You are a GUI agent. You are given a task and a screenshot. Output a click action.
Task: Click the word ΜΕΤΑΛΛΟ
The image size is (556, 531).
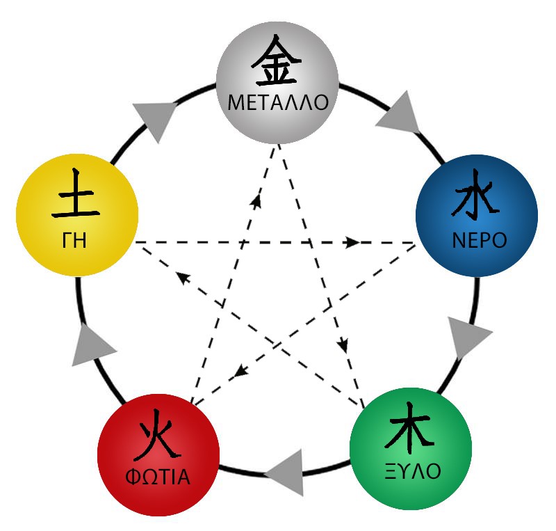(x=277, y=102)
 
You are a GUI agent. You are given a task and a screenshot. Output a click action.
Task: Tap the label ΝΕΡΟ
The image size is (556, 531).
(x=480, y=240)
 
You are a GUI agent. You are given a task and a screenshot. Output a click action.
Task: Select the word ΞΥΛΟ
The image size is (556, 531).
(x=413, y=471)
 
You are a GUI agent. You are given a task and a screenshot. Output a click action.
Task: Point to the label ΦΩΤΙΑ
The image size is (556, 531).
(x=158, y=477)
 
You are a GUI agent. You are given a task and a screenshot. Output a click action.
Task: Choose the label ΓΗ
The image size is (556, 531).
(x=74, y=240)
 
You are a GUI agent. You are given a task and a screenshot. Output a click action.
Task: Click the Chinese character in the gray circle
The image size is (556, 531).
(x=276, y=61)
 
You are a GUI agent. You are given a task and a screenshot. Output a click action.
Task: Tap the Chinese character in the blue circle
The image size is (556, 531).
(x=475, y=195)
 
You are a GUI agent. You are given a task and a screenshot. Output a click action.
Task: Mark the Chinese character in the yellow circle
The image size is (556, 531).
(x=76, y=193)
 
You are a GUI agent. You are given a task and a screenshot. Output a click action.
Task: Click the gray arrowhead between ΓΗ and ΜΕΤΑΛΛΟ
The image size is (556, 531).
(x=154, y=119)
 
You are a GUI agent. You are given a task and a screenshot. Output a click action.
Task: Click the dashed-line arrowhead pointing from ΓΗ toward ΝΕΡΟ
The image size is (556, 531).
(x=352, y=243)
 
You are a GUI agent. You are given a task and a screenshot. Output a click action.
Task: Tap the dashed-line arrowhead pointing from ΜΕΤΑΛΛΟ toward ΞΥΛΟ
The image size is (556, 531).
(x=343, y=346)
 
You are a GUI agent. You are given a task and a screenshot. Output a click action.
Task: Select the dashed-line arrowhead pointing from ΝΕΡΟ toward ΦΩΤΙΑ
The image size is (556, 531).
(x=241, y=371)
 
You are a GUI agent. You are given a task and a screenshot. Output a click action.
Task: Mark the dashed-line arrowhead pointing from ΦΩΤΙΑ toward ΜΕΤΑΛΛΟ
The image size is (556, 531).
(x=256, y=200)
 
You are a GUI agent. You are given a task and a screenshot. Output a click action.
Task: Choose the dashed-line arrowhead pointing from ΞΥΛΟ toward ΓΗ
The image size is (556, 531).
(x=183, y=278)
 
